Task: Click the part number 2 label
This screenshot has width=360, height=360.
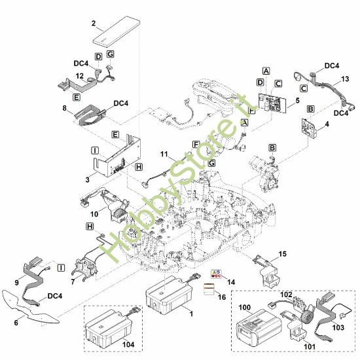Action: click(94, 24)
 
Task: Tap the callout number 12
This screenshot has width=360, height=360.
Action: click(80, 77)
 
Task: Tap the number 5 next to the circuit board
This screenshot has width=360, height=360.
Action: click(298, 101)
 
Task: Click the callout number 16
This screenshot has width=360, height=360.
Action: click(222, 297)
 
